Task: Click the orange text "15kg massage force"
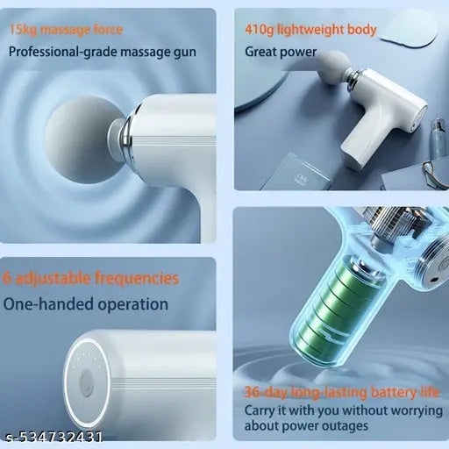tap(67, 30)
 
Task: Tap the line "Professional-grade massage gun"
tap(103, 52)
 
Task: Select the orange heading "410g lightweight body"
tap(310, 30)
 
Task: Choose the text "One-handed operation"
tap(86, 304)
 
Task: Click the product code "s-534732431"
tap(53, 437)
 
